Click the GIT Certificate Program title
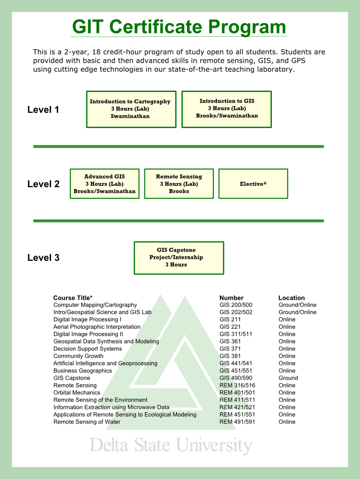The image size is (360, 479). coord(180,27)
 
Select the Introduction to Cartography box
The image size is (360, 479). coord(131,109)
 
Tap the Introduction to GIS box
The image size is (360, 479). coord(226,109)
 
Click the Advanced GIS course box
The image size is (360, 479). coord(105,183)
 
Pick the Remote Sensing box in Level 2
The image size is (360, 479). coord(179,183)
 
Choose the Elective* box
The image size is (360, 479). coord(253,183)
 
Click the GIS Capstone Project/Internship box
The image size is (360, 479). coord(179,258)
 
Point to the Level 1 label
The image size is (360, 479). coord(43,110)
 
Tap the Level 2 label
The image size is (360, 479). coord(43,184)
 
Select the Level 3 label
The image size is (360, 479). coord(43,258)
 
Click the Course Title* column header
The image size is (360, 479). coord(73,298)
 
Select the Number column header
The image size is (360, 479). coord(232,298)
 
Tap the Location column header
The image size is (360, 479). coord(291,298)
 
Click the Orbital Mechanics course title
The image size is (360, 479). coord(76,393)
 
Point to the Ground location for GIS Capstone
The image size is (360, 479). coord(288,378)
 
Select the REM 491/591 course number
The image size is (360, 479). coord(237,422)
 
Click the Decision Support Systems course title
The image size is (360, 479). coord(87,349)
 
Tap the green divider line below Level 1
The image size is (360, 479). coord(179,146)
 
